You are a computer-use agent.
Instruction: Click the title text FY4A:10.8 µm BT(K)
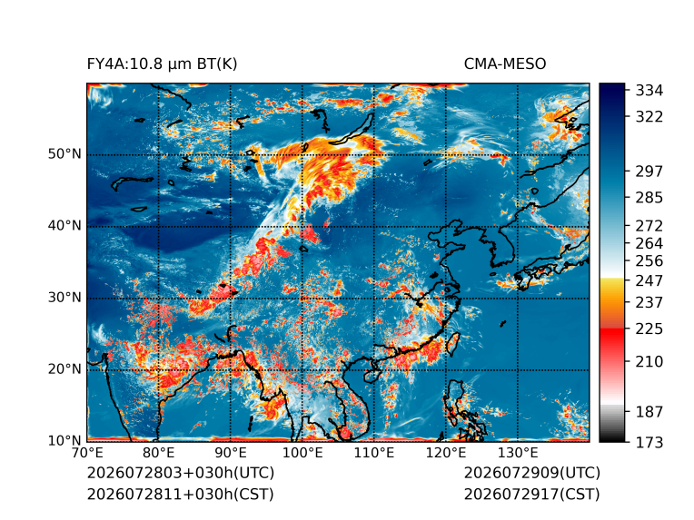(162, 64)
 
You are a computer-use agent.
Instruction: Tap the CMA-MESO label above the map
(505, 64)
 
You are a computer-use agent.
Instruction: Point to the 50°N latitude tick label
(64, 154)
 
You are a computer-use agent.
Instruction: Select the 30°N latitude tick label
(64, 297)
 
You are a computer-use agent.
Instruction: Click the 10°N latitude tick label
(64, 440)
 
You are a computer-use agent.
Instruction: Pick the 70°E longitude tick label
(87, 453)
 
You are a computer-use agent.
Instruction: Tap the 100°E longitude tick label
(302, 453)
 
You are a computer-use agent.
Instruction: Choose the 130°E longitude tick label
(518, 453)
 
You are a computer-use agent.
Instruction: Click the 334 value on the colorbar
(649, 91)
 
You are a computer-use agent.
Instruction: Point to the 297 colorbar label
(649, 172)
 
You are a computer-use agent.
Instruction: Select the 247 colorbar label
(649, 280)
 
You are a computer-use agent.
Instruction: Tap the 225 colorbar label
(649, 329)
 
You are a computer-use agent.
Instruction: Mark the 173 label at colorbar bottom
(649, 442)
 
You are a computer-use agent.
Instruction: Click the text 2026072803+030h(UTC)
(181, 473)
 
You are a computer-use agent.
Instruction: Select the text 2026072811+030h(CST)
(181, 494)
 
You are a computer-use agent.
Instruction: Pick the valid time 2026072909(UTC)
(532, 473)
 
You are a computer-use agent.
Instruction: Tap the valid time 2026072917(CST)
(532, 494)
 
